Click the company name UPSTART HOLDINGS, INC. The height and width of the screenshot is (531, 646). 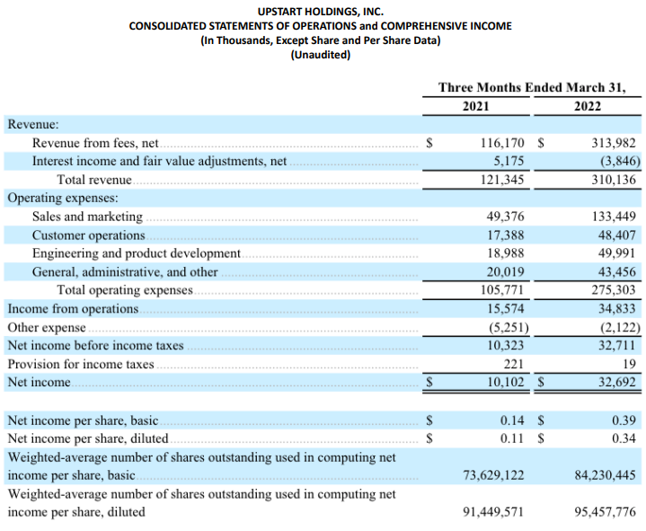321,11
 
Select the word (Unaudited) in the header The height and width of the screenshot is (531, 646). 321,55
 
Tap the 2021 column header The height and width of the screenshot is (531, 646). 476,106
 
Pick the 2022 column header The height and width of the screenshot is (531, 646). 588,106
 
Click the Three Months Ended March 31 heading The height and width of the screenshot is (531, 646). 532,87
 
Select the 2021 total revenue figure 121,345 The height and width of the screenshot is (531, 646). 503,180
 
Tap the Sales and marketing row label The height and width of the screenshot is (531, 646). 87,217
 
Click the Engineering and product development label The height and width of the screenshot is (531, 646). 137,253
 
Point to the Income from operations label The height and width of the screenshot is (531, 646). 74,309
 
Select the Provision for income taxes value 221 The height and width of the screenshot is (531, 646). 514,364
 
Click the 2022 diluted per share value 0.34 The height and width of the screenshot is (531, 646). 624,438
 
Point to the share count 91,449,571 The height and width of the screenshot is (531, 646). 492,512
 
